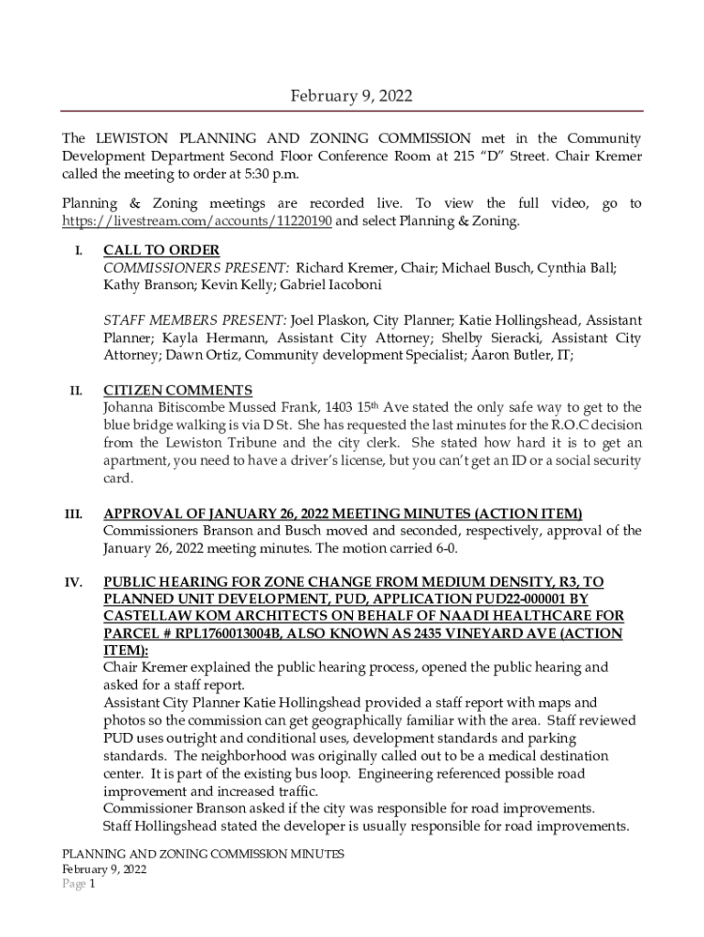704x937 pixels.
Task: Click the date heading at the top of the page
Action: (x=351, y=95)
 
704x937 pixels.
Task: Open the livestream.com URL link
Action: (x=197, y=221)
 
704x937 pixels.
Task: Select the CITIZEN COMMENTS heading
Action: (x=177, y=391)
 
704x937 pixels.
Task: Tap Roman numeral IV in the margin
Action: (x=74, y=582)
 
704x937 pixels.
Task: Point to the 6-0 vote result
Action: (x=443, y=549)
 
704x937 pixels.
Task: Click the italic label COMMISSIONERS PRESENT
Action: (x=197, y=267)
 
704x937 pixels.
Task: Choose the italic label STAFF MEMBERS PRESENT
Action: (x=195, y=320)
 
